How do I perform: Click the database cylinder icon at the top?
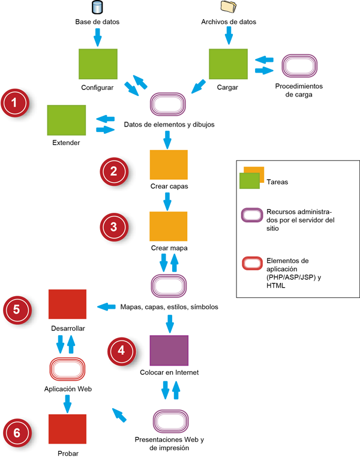point(97,8)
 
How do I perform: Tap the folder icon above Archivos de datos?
point(228,7)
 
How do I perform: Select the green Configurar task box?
point(98,63)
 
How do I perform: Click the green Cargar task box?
point(228,63)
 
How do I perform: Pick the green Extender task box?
point(66,120)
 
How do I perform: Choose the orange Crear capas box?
point(169,165)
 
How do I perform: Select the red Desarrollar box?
point(67,304)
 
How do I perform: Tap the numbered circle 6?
point(19,433)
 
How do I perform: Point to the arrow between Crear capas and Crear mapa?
point(169,201)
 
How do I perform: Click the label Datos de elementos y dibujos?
point(169,125)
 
